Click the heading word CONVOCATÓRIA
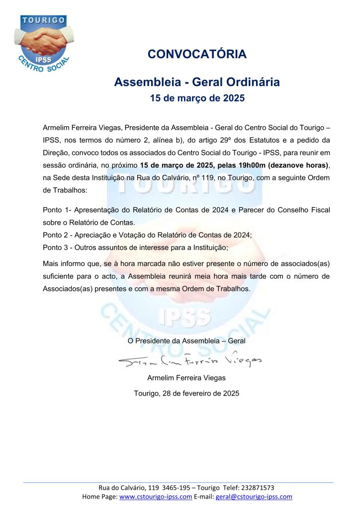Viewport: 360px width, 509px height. tap(197, 54)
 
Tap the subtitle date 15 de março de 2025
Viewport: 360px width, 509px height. tap(197, 98)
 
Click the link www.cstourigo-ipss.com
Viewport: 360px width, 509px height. tap(156, 497)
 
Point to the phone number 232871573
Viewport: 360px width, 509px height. tap(256, 488)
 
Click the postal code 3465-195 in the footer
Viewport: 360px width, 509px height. tap(165, 488)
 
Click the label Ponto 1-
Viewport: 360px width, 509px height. tap(57, 210)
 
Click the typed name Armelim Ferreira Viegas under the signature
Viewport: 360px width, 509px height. tap(186, 378)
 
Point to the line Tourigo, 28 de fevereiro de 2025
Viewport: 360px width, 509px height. tap(186, 393)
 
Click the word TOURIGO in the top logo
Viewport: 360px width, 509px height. tap(43, 20)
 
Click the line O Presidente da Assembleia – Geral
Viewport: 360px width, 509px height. tap(186, 340)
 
